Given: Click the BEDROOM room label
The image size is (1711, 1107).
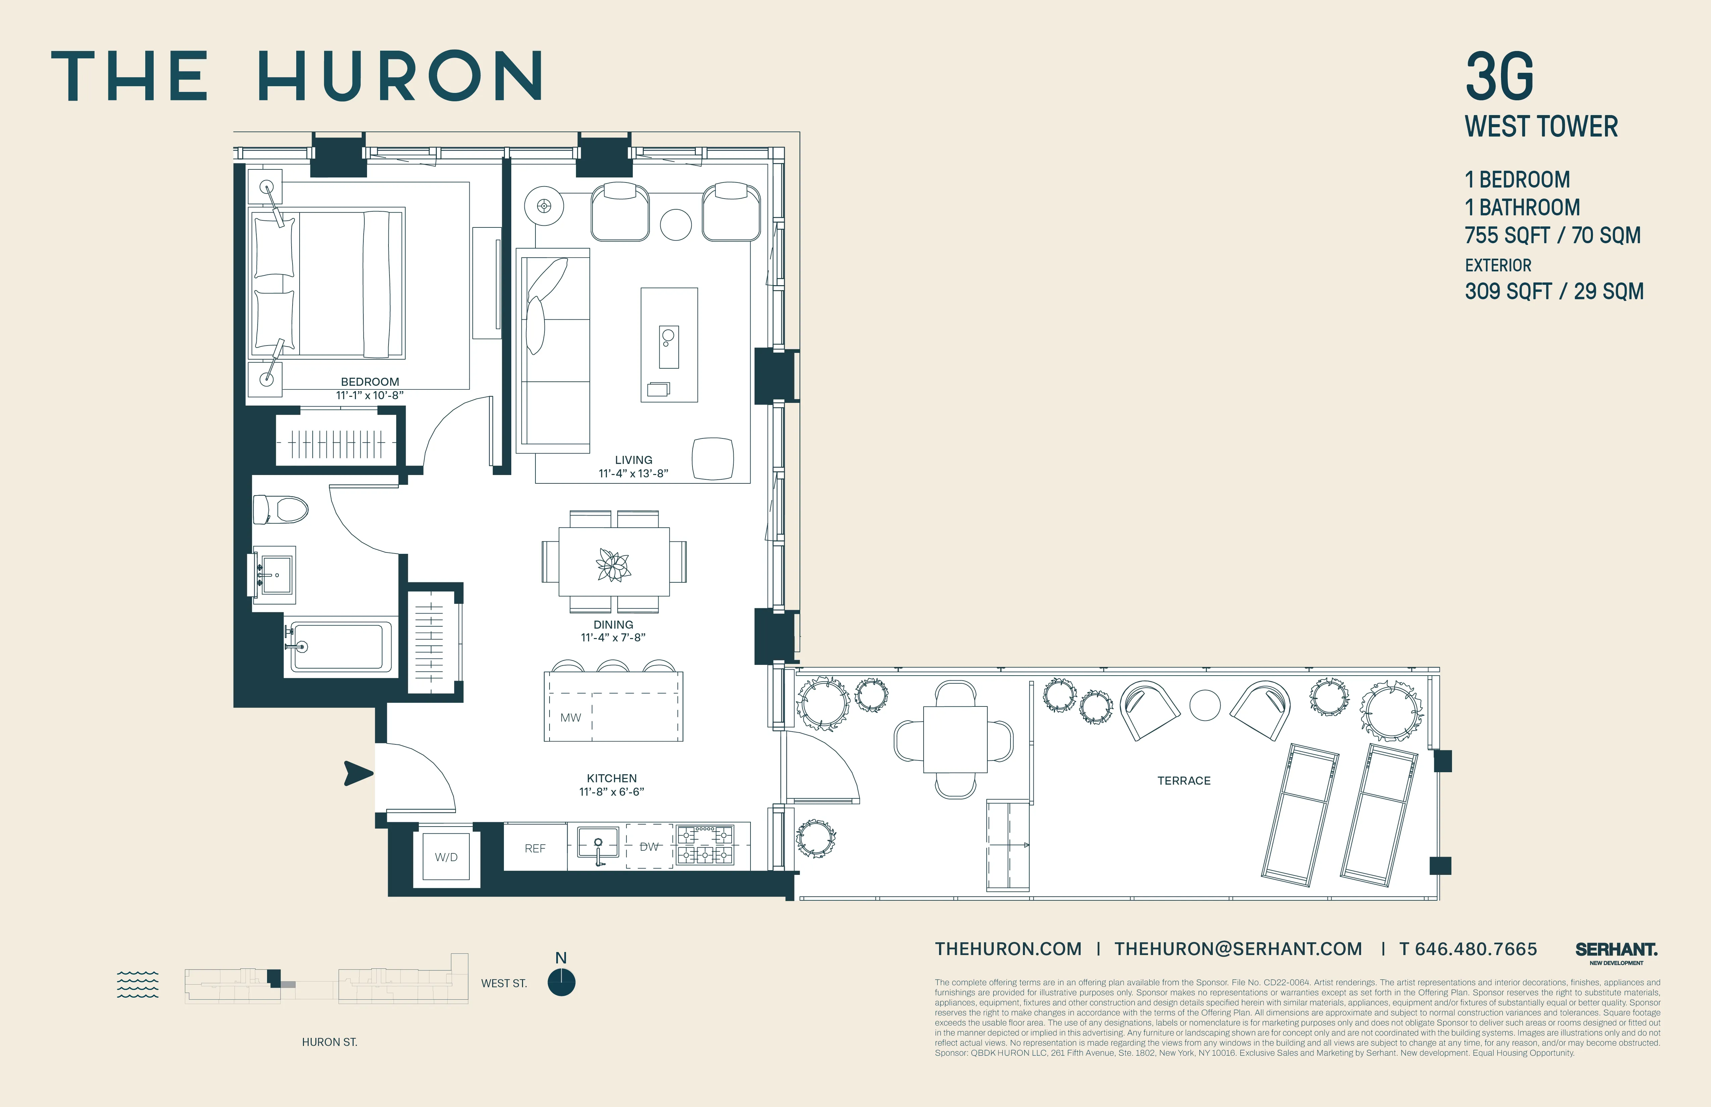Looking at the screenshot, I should pyautogui.click(x=369, y=382).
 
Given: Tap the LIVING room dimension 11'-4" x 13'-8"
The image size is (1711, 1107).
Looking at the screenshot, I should pyautogui.click(x=633, y=473).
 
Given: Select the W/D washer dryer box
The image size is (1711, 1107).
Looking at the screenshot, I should pyautogui.click(x=446, y=857).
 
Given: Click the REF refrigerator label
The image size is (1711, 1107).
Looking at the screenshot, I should pyautogui.click(x=535, y=848).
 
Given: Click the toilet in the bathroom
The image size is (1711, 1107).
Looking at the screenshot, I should pyautogui.click(x=281, y=509).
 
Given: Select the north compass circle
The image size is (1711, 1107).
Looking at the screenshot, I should pyautogui.click(x=562, y=983).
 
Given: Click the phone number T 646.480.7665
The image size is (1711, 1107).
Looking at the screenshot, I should pyautogui.click(x=1468, y=949).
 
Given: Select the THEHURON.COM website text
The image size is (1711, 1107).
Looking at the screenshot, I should pyautogui.click(x=1008, y=949).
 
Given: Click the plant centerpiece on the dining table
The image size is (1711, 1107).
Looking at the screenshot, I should pyautogui.click(x=613, y=564).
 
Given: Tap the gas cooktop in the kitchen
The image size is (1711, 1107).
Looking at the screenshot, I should pyautogui.click(x=705, y=845).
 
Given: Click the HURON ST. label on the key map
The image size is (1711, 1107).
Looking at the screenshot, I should pyautogui.click(x=329, y=1042).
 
